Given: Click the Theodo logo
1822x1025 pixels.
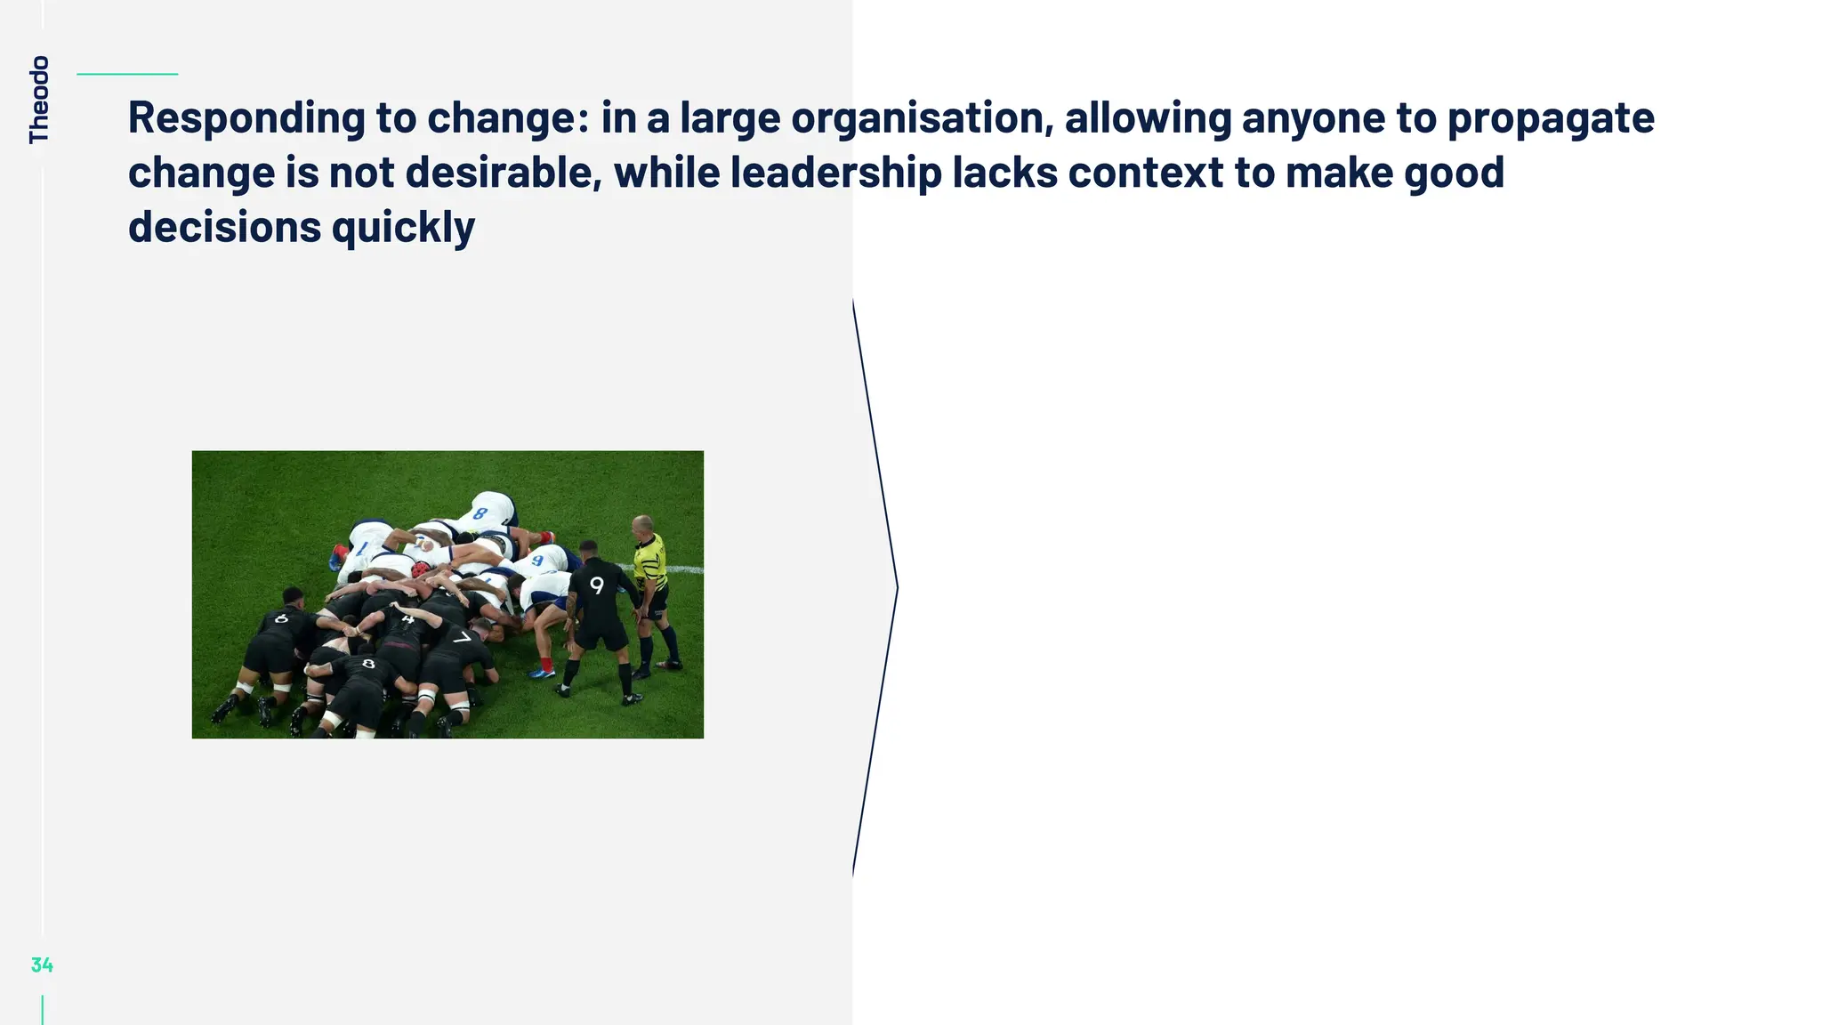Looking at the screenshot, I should pos(39,99).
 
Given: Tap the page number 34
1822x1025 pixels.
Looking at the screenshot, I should pos(42,964).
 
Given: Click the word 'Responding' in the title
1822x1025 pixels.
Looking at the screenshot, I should pos(246,118).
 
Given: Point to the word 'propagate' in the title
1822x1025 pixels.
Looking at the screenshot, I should pos(1551,118).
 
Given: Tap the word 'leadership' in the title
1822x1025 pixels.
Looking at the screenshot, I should pos(835,173).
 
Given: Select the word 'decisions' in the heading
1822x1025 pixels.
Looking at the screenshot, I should pos(224,228).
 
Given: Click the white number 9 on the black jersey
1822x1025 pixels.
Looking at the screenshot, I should pos(596,585).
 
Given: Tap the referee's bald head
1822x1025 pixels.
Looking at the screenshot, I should pos(641,524).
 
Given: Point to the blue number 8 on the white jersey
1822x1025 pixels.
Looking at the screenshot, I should pos(480,513).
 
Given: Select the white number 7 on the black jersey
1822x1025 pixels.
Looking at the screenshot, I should pos(462,638).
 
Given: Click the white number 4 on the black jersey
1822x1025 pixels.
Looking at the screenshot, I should pos(407,617).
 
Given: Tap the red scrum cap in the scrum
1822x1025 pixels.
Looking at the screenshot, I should pos(420,569).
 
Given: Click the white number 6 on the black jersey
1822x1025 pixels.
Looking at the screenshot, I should pos(282,617).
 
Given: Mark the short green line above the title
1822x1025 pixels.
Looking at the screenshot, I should pos(127,74).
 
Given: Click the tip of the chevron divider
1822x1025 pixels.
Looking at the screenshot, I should pos(897,587).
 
